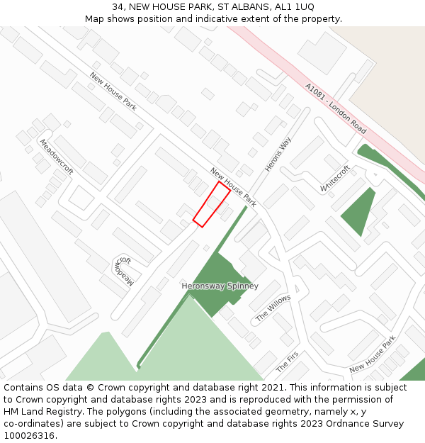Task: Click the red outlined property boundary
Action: [211, 204]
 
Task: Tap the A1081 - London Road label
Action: [336, 108]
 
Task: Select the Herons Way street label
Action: [278, 154]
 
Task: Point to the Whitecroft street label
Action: [335, 179]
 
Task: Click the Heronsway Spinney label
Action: [220, 286]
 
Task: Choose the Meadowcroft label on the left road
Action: [56, 157]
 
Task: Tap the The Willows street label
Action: [273, 308]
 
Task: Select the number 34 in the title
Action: [117, 7]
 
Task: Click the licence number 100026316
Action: [28, 436]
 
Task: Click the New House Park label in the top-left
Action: [113, 91]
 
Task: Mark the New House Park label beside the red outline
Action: [233, 187]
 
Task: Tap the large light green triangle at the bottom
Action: [191, 347]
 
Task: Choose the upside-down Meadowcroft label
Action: [123, 271]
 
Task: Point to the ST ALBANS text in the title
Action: [235, 7]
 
